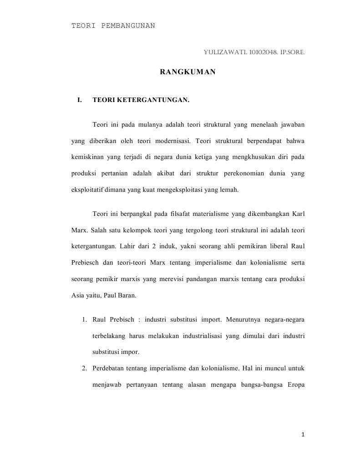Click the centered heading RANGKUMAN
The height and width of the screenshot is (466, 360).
[188, 72]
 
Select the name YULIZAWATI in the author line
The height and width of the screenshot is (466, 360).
[222, 52]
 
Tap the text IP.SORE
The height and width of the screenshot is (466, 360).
[289, 52]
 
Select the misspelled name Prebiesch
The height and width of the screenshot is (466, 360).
[86, 262]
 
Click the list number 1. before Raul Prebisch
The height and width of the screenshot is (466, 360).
[85, 319]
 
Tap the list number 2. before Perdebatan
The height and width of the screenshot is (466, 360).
[85, 368]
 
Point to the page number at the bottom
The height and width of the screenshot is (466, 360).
[303, 435]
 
